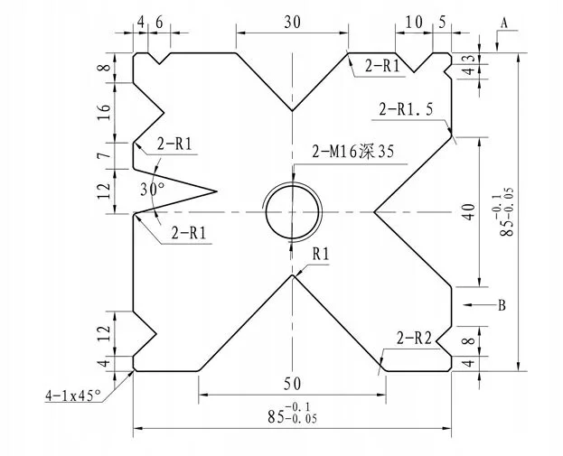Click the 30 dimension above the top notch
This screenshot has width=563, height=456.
tap(292, 23)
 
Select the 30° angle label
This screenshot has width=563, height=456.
tap(155, 189)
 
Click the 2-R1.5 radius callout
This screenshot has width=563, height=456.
tap(406, 108)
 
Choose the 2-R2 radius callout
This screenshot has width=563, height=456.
tap(413, 340)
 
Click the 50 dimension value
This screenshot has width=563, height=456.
tap(291, 384)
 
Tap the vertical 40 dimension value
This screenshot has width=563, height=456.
tap(467, 212)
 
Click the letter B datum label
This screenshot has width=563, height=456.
tap(502, 305)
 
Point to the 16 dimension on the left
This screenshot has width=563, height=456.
tap(105, 112)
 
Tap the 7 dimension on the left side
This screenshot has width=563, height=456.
tap(105, 156)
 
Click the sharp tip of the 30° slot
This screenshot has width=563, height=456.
tap(219, 191)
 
